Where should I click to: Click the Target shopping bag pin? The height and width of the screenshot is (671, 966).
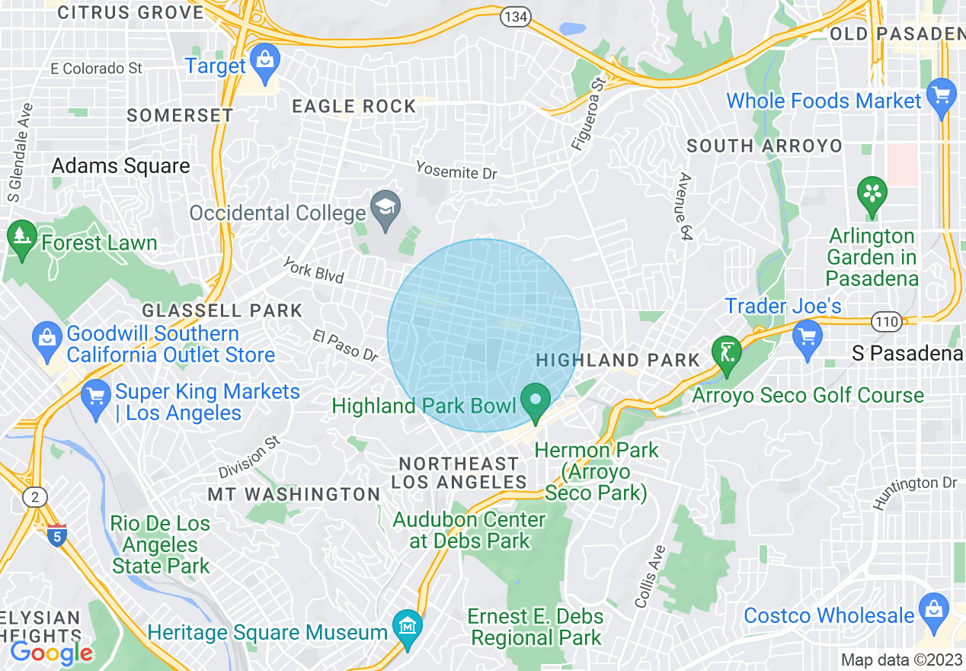(265, 64)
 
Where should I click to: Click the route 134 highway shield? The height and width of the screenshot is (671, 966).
(516, 17)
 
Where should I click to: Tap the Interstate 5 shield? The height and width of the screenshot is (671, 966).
(57, 535)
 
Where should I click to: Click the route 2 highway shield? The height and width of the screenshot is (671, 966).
(34, 497)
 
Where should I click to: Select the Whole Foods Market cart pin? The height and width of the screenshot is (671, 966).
(942, 98)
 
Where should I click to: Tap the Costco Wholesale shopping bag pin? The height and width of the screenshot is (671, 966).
(933, 612)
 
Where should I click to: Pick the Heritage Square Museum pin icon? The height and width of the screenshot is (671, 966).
(407, 629)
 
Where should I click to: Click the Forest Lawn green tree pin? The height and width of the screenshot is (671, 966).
(21, 239)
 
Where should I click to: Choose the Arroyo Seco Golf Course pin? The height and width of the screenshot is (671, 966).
(725, 355)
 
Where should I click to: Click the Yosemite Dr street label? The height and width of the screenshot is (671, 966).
(456, 170)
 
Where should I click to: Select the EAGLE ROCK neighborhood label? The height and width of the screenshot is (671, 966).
(354, 107)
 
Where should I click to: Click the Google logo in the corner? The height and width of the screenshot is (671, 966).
(51, 652)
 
